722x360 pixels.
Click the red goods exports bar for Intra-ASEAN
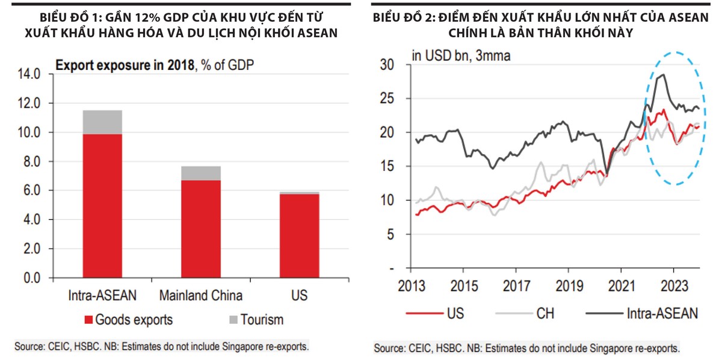coord(102,206)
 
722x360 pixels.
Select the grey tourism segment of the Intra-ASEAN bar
coord(102,122)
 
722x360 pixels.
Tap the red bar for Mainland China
coord(201,229)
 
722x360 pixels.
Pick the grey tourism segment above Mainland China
coord(201,173)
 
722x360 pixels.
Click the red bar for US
coord(300,236)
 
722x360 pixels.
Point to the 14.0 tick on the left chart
coord(28,74)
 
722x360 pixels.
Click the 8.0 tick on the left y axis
coord(31,162)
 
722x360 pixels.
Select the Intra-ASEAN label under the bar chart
coord(102,296)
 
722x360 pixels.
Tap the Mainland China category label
coord(201,296)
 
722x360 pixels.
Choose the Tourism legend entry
coord(255,320)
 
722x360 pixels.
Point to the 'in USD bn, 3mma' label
coord(461,57)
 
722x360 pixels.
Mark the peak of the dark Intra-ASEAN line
coord(662,75)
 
